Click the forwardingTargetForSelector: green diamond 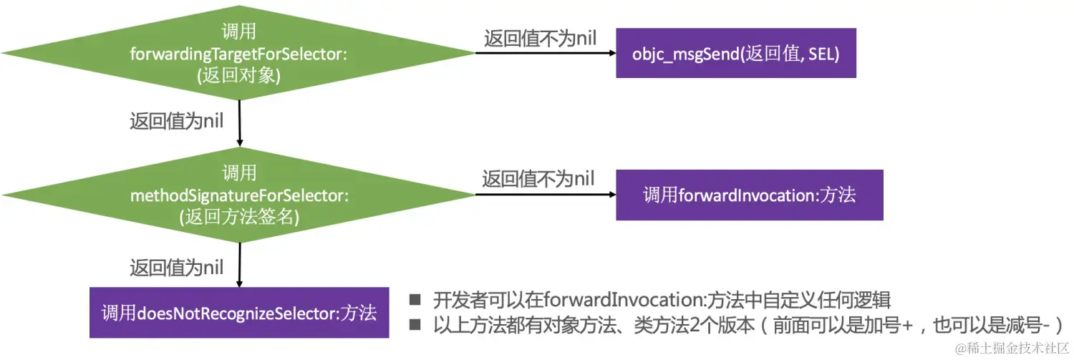point(238,54)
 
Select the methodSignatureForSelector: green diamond point(238,194)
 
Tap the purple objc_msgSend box point(736,53)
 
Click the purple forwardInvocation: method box point(749,195)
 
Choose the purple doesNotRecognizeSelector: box point(238,313)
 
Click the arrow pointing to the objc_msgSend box point(544,53)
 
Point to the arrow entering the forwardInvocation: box point(544,195)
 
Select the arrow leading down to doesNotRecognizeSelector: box point(239,263)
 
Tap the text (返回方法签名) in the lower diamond point(238,217)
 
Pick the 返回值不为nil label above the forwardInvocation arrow point(538,179)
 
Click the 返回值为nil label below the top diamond point(176,121)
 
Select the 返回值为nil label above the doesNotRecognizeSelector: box point(176,268)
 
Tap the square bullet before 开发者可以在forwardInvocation point(415,300)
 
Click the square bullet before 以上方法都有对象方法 point(415,324)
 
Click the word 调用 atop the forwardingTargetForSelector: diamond point(238,31)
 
